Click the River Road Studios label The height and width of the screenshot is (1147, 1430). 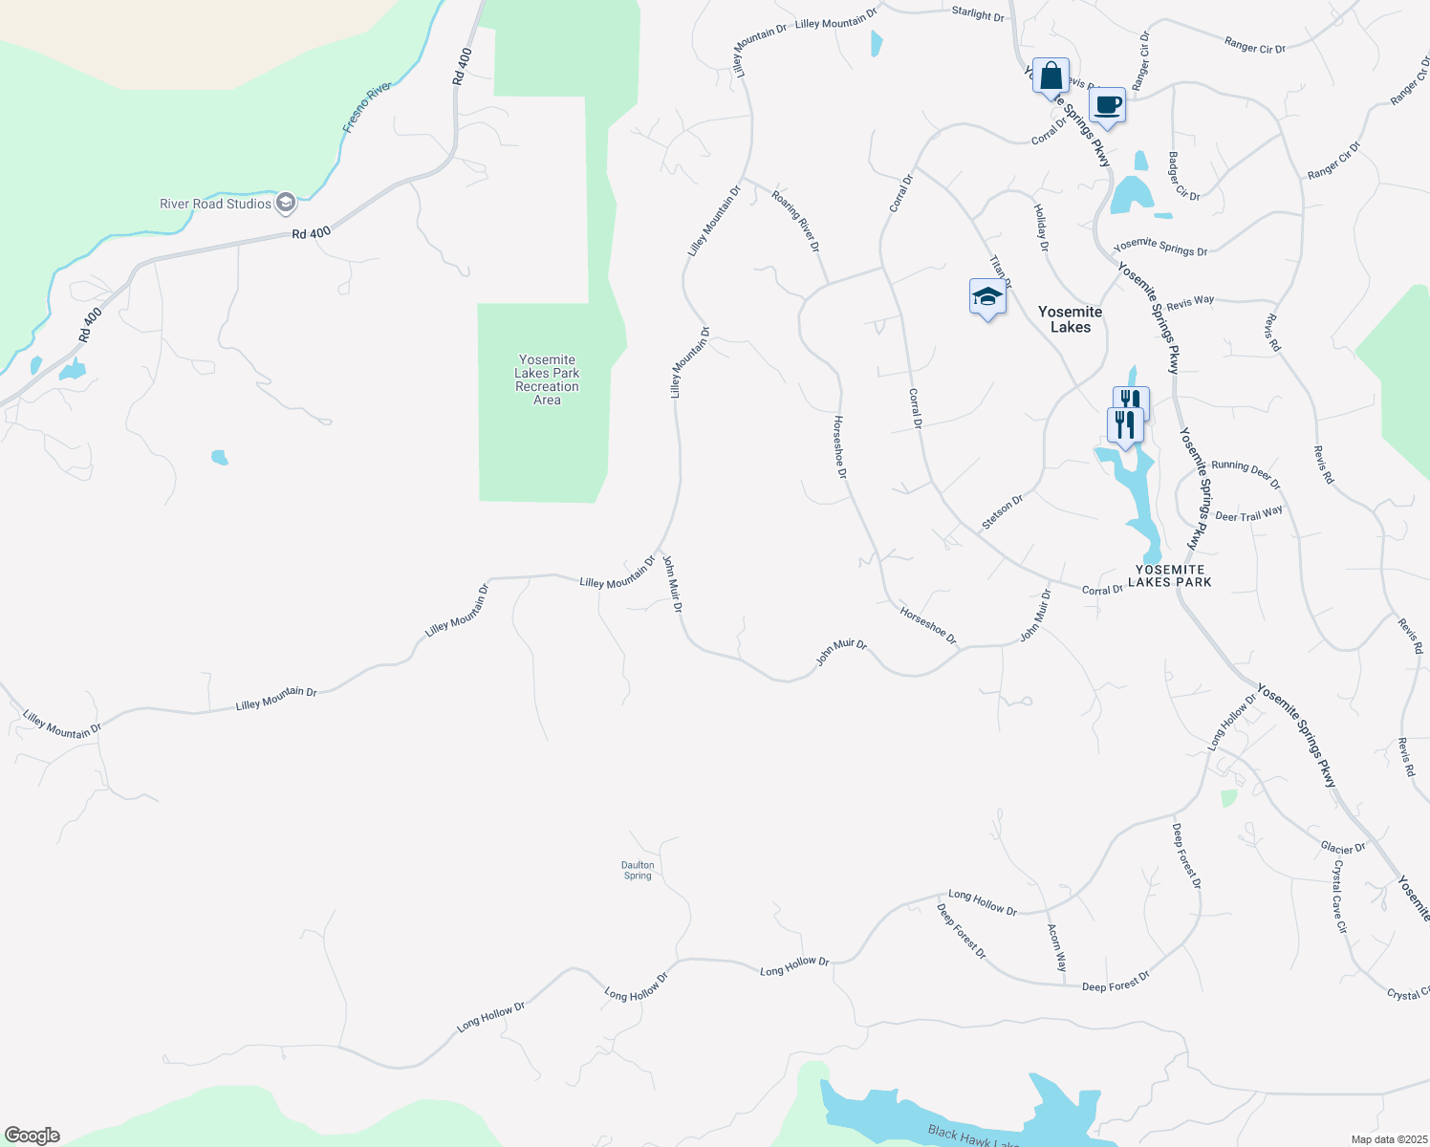click(216, 204)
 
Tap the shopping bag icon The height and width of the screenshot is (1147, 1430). click(1051, 76)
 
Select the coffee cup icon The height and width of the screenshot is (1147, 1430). click(1107, 105)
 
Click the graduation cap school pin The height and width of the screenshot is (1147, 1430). click(987, 297)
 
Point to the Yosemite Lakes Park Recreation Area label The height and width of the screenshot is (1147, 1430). click(547, 380)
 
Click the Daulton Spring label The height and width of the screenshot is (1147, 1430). click(638, 870)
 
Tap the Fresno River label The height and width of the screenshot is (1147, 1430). click(367, 107)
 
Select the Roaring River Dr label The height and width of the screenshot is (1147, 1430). click(796, 220)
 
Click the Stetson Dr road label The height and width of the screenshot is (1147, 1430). click(1003, 512)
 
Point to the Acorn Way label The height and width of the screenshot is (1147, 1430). click(1055, 947)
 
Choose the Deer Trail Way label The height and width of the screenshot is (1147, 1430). click(1248, 514)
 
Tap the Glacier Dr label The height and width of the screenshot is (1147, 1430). click(1343, 848)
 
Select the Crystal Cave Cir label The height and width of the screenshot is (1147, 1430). click(1340, 896)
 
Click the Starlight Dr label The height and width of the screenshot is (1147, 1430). click(978, 15)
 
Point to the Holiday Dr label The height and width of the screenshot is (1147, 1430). click(1041, 227)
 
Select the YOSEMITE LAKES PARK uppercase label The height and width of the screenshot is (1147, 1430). click(1170, 575)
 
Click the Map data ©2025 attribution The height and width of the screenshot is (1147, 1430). click(1387, 1139)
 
